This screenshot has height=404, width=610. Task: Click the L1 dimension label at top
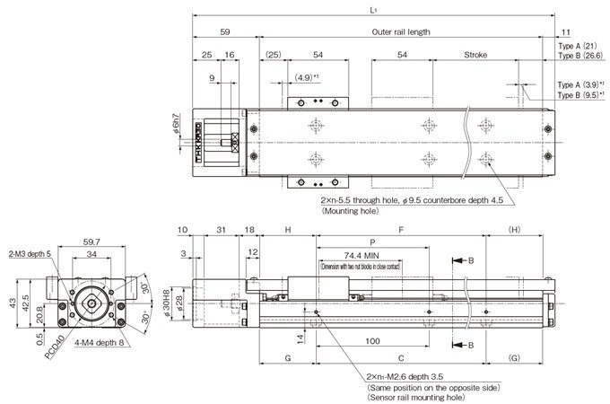pos(372,9)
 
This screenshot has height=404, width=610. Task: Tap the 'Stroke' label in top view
pos(475,55)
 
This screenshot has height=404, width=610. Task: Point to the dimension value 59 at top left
pos(225,31)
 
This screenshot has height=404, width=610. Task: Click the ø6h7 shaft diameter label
pos(179,122)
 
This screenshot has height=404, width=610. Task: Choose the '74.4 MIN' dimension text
pos(360,255)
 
